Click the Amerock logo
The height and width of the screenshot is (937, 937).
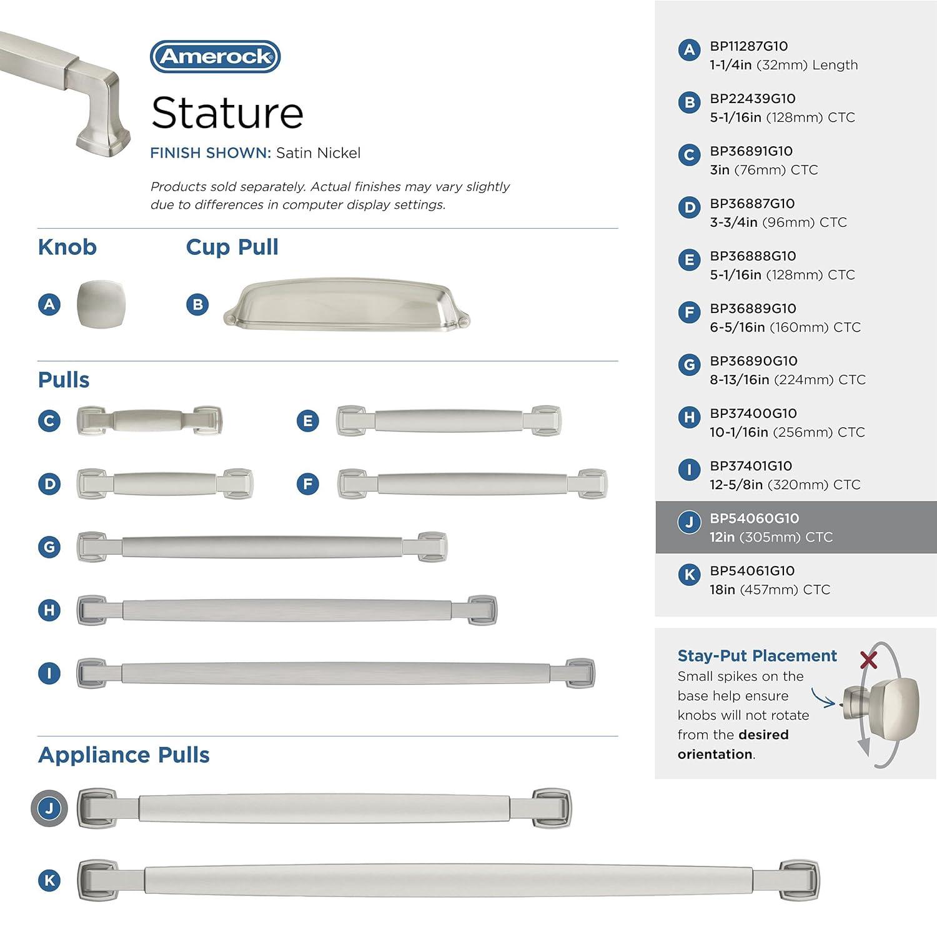[x=216, y=57]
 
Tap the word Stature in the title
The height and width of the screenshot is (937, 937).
[x=227, y=113]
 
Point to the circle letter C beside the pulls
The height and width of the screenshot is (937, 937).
[x=49, y=421]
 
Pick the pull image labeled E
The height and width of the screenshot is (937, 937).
[x=449, y=420]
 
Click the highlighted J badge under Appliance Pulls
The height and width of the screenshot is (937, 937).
[x=49, y=808]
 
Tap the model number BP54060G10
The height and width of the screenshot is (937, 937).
[x=754, y=518]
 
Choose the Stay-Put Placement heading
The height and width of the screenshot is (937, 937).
[x=757, y=656]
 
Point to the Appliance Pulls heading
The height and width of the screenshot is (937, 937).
[x=124, y=755]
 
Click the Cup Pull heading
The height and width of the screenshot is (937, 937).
[x=232, y=247]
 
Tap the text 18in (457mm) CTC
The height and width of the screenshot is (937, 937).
[x=770, y=590]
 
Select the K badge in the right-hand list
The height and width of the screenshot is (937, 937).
[x=689, y=575]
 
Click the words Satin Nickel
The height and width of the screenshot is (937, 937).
[x=319, y=153]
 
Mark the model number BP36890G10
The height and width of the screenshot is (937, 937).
[x=753, y=361]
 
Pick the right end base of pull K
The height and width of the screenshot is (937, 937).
[x=799, y=880]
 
